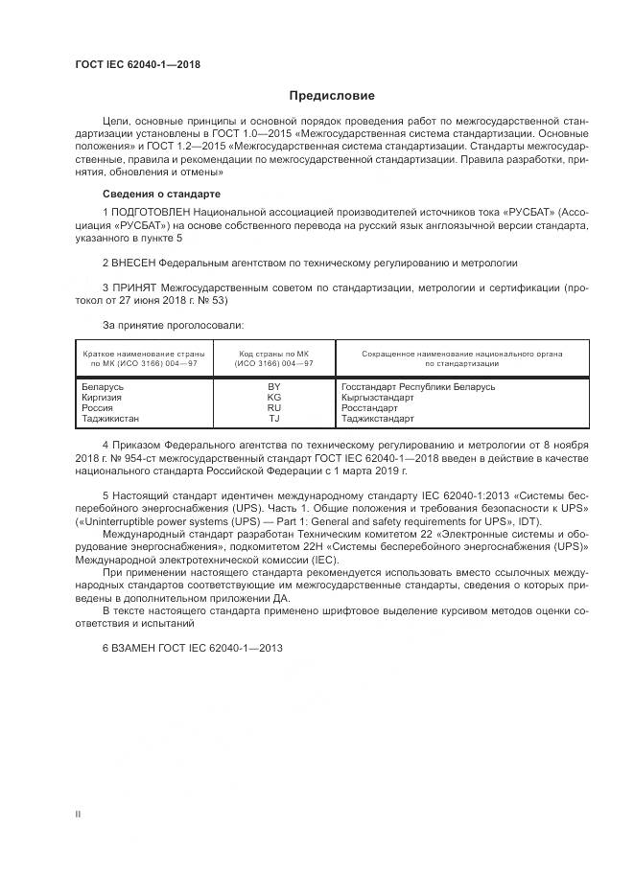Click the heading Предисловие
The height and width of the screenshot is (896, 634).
pos(332,96)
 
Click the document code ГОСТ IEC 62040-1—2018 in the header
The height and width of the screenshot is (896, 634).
pos(138,66)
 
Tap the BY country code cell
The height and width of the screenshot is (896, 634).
pos(274,385)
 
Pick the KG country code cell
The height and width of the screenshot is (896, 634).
pos(274,396)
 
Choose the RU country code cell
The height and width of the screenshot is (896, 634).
pos(274,407)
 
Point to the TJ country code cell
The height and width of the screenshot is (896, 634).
pos(274,418)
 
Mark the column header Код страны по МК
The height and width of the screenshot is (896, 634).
pos(274,354)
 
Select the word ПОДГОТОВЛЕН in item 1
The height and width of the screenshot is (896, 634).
pos(149,210)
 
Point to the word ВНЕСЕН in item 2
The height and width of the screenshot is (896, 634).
pos(135,261)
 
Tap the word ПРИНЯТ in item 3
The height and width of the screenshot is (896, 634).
pos(135,287)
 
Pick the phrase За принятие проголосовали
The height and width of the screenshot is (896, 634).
pos(158,325)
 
